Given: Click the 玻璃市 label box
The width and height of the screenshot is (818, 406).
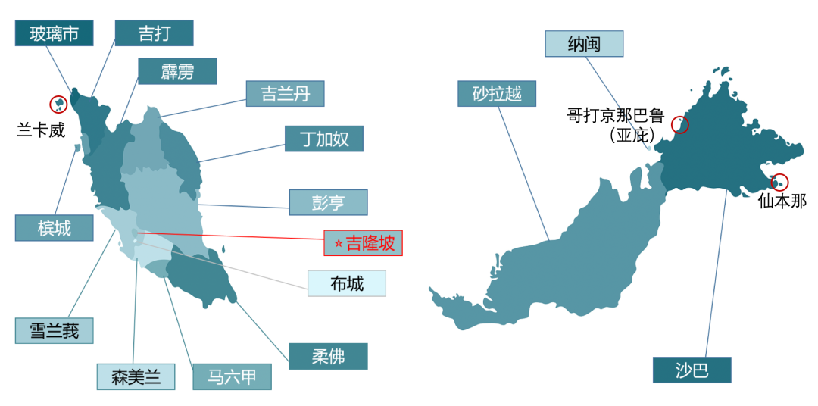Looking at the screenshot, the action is click(x=54, y=33).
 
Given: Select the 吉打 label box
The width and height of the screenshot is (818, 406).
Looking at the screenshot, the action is click(x=154, y=33).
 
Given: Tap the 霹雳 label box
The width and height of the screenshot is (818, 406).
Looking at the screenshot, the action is click(x=177, y=71).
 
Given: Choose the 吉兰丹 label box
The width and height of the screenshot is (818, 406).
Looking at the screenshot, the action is click(x=285, y=94).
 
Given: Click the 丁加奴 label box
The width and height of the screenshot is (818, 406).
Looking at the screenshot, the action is click(x=324, y=139).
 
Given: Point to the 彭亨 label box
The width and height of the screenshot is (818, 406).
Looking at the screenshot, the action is click(x=328, y=202).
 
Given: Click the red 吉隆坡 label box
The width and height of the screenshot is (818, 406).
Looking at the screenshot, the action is click(x=363, y=243).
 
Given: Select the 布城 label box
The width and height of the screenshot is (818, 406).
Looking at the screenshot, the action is click(x=346, y=283).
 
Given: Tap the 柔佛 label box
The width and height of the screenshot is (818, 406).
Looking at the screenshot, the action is click(x=328, y=356).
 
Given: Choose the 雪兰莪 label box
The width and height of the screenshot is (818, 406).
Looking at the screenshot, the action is click(x=54, y=331).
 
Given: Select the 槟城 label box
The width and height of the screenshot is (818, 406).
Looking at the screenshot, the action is click(x=54, y=228).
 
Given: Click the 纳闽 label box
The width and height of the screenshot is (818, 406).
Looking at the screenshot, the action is click(x=584, y=44).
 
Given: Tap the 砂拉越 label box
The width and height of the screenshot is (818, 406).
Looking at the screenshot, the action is click(x=497, y=94).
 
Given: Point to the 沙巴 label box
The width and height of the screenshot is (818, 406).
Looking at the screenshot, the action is click(x=692, y=370).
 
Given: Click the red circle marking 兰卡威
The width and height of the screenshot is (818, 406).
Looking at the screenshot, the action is click(x=58, y=105).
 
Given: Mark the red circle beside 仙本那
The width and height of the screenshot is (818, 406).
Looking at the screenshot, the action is click(x=779, y=182).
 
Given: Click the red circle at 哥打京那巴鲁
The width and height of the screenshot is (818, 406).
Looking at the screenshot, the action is click(x=680, y=125).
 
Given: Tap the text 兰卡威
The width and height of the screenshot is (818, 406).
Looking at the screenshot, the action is click(x=41, y=130).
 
